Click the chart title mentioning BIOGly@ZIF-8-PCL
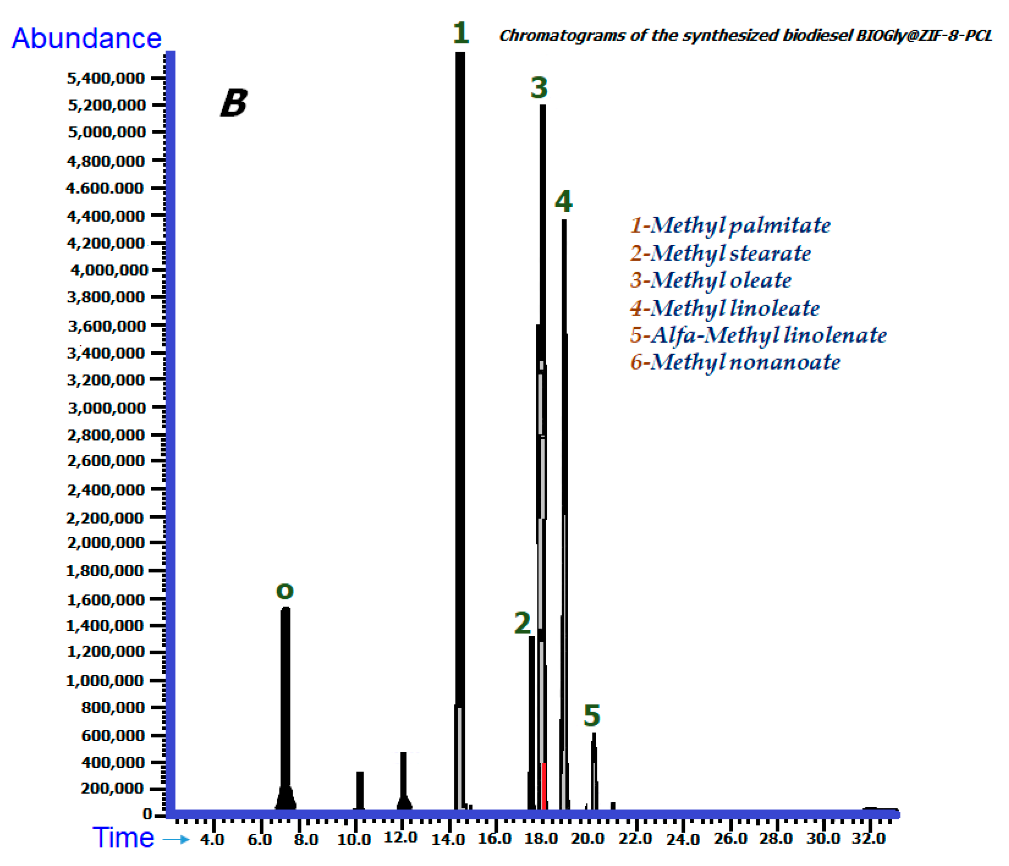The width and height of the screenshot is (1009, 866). click(x=745, y=36)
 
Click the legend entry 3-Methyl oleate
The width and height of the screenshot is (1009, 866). click(x=710, y=280)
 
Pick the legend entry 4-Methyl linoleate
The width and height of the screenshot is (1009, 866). click(x=725, y=308)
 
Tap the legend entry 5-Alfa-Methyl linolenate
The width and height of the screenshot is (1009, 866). click(x=758, y=335)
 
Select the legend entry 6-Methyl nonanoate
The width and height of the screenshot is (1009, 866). click(x=735, y=362)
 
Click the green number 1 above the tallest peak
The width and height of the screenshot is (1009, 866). click(x=460, y=33)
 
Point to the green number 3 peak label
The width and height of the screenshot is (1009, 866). click(x=539, y=88)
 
